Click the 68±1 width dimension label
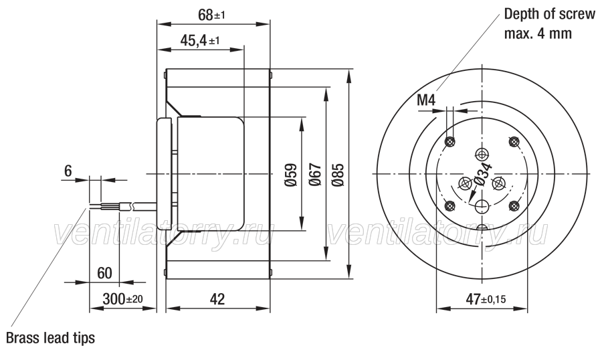(x=211, y=15)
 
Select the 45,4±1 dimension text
(x=199, y=40)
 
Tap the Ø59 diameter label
(x=292, y=175)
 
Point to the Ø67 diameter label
(x=314, y=175)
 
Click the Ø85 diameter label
(x=338, y=175)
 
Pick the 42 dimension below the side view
(x=217, y=299)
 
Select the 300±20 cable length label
(x=122, y=298)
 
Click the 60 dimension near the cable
(x=104, y=273)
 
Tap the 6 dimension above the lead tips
(x=68, y=171)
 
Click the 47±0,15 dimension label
(x=486, y=298)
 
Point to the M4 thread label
(x=426, y=100)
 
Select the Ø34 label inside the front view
(x=483, y=175)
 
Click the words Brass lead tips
(x=50, y=338)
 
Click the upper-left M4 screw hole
(x=449, y=142)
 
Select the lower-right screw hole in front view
(x=513, y=206)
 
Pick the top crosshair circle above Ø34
(x=482, y=155)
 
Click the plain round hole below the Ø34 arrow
(x=482, y=206)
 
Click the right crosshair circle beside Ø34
(x=499, y=183)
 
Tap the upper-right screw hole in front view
(x=513, y=142)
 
